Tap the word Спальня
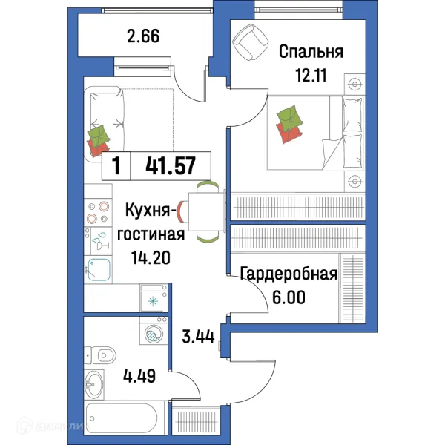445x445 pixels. (x=311, y=52)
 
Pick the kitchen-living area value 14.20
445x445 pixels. (x=148, y=258)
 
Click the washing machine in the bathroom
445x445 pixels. (x=152, y=334)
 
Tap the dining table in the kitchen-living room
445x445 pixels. (x=206, y=211)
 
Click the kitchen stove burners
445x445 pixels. (x=98, y=212)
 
